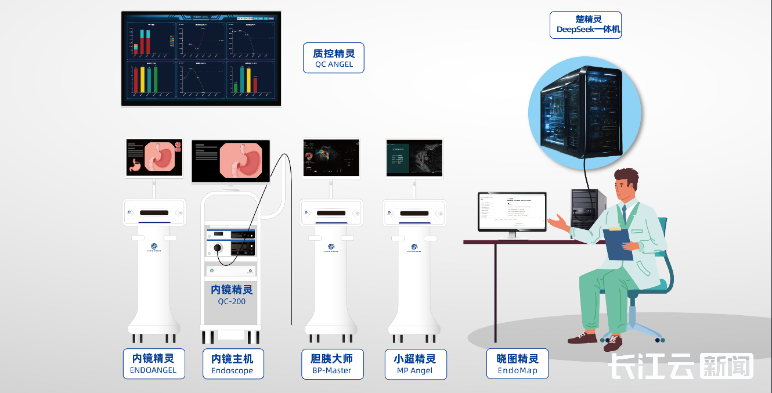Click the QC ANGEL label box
(333, 58)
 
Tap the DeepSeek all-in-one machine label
(585, 25)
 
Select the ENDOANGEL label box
(154, 364)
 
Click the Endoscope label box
(232, 364)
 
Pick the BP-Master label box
(333, 364)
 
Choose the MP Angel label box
(415, 364)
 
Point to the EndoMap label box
(517, 364)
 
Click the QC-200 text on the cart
(232, 301)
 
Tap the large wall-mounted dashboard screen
(201, 59)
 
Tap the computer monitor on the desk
(511, 212)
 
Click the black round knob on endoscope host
(218, 248)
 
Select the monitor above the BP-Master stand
(331, 158)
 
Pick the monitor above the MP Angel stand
(414, 158)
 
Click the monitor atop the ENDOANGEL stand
(154, 158)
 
